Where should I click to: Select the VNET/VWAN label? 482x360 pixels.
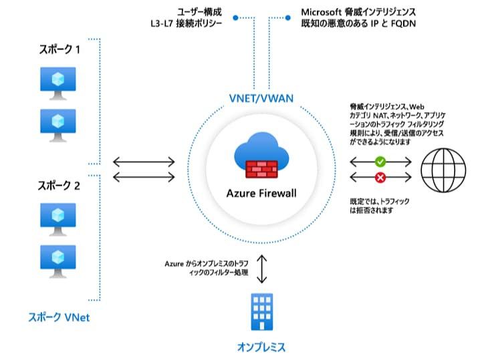(263, 98)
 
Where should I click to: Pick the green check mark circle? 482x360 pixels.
(380, 162)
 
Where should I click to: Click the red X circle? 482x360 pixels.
(380, 177)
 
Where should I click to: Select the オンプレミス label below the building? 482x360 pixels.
(261, 347)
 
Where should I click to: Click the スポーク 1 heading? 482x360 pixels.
(59, 50)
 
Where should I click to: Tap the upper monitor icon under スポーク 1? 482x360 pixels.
(57, 82)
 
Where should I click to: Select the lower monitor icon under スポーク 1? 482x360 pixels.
(57, 125)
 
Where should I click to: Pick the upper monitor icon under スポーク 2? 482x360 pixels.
(57, 217)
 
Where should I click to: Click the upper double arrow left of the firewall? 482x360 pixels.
(144, 162)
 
